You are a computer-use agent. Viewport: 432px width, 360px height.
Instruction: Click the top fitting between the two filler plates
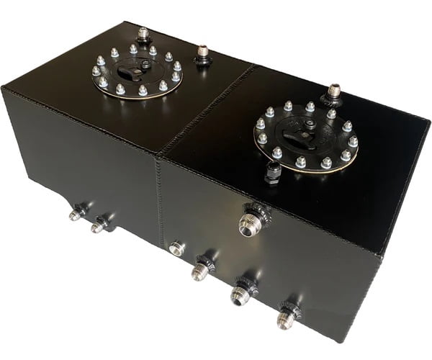pos(203,55)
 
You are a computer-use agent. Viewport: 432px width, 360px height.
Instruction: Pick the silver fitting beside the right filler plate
pos(333,94)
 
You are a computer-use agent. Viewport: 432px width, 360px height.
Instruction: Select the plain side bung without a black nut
pos(176,249)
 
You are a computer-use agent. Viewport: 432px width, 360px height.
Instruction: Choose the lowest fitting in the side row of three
pos(287,318)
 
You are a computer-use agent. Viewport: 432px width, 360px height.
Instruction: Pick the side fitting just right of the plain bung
pos(200,270)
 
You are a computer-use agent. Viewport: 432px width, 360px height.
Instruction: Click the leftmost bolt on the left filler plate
pos(96,71)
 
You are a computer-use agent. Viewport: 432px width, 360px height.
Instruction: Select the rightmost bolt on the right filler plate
pos(353,142)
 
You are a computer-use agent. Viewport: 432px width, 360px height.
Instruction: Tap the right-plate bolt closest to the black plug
pos(277,153)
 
